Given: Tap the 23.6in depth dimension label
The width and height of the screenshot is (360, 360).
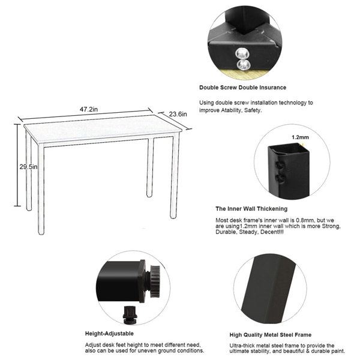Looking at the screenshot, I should pos(177,114).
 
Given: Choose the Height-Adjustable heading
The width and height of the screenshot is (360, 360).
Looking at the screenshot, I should pos(109,333).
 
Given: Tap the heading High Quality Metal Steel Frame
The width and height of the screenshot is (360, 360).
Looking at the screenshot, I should pos(270,335).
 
